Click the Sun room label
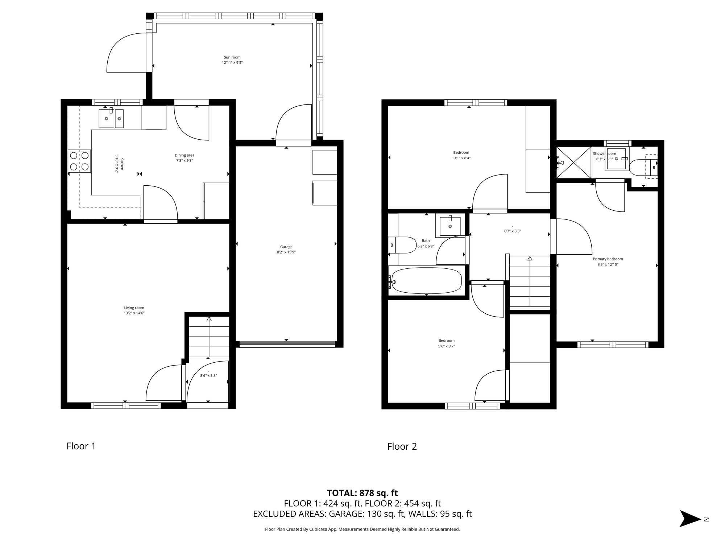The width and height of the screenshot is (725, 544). pyautogui.click(x=232, y=57)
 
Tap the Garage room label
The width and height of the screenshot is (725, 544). pyautogui.click(x=286, y=247)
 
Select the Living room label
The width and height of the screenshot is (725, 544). pyautogui.click(x=134, y=308)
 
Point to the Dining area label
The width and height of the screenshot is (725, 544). pyautogui.click(x=185, y=155)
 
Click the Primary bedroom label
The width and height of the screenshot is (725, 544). pyautogui.click(x=608, y=259)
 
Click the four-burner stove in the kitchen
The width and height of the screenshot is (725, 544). pyautogui.click(x=79, y=161)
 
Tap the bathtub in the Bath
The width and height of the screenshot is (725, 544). pyautogui.click(x=427, y=280)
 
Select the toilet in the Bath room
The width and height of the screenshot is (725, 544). pyautogui.click(x=402, y=245)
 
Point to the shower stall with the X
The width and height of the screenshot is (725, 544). pyautogui.click(x=574, y=162)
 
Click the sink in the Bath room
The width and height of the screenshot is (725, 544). pyautogui.click(x=450, y=226)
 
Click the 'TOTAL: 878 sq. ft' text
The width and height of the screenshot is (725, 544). pyautogui.click(x=362, y=493)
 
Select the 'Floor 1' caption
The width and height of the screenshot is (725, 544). pyautogui.click(x=81, y=446)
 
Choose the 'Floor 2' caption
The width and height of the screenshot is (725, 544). pyautogui.click(x=402, y=446)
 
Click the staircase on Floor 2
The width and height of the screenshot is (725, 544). pyautogui.click(x=530, y=282)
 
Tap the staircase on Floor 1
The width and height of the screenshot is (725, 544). pyautogui.click(x=209, y=337)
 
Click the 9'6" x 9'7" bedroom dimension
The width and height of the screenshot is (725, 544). pyautogui.click(x=447, y=346)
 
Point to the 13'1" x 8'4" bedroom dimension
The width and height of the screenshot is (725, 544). pyautogui.click(x=461, y=158)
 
